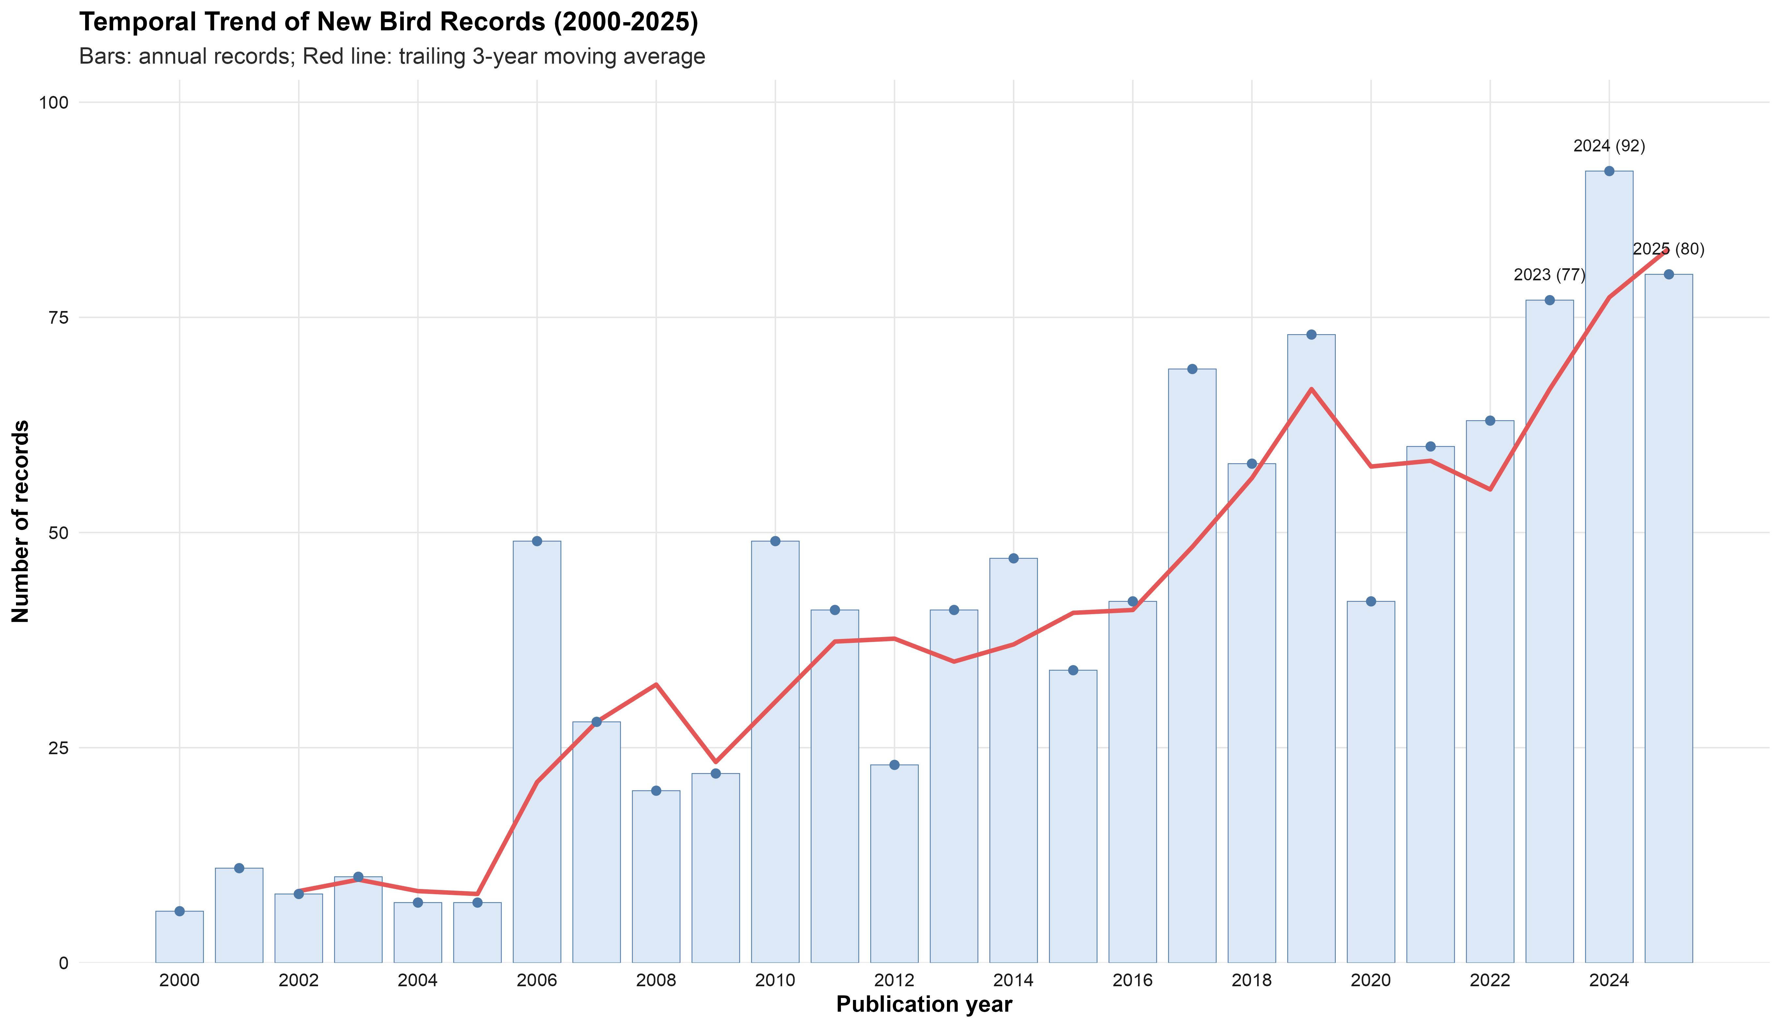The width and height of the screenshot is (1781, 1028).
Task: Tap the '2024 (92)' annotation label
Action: click(1609, 146)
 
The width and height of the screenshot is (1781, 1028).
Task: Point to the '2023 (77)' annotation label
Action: click(1549, 275)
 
